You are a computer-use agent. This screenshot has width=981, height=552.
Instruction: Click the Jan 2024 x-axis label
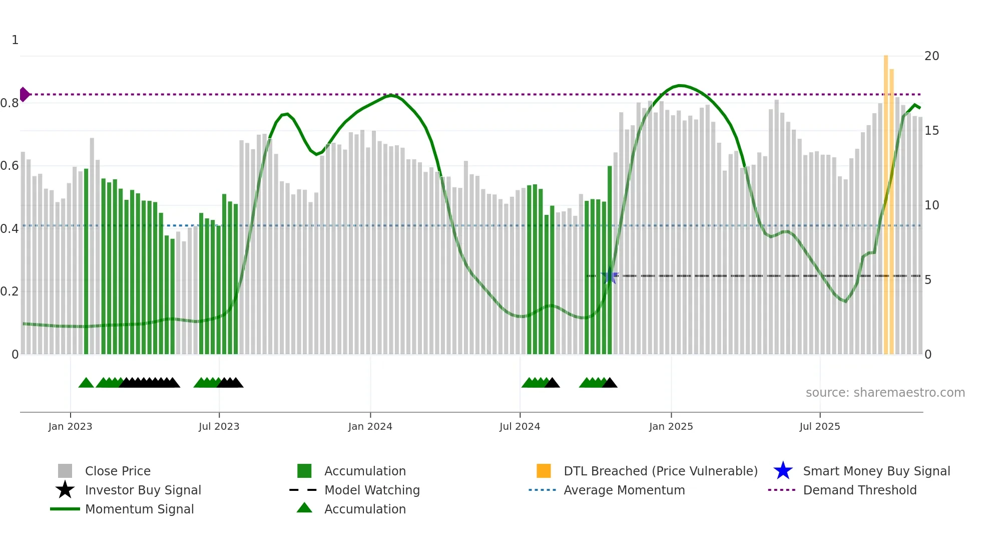click(370, 426)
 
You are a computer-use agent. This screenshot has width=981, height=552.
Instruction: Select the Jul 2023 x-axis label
click(219, 426)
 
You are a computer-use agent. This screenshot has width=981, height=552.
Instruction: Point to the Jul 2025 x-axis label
click(819, 426)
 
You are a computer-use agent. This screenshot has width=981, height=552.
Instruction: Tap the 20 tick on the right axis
click(931, 56)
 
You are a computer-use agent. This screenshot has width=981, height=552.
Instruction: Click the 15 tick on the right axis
click(931, 131)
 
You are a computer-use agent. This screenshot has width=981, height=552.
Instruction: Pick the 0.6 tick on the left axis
click(10, 166)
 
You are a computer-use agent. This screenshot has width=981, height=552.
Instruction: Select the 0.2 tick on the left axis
click(10, 292)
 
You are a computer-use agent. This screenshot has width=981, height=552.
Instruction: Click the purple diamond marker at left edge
click(24, 94)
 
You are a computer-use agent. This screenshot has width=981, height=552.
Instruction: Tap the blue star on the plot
click(610, 276)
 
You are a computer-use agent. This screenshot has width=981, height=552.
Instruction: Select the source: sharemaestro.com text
click(885, 393)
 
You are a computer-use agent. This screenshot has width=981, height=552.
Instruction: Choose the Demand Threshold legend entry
click(859, 490)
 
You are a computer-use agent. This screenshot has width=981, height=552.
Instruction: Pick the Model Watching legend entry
click(371, 490)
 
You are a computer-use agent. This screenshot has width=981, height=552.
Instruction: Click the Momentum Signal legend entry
click(139, 509)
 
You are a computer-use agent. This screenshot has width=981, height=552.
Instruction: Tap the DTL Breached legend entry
click(660, 471)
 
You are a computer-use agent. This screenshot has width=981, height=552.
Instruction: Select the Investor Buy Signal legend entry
click(143, 490)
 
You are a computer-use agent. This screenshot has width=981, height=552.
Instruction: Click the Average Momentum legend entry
click(624, 490)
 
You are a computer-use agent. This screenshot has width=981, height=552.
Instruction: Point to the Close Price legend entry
click(117, 471)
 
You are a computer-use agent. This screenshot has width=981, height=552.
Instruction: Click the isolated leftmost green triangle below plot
click(86, 383)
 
